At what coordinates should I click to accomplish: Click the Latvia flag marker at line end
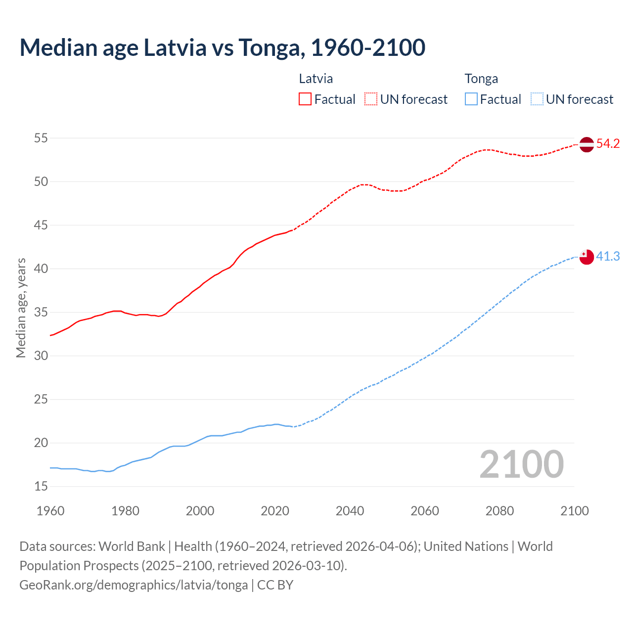tap(586, 144)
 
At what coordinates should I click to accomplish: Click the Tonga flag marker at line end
tap(586, 257)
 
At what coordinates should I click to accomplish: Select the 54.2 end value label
tap(608, 144)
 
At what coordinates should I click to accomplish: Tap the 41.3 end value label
tap(608, 256)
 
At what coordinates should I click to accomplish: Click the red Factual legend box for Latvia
tap(305, 99)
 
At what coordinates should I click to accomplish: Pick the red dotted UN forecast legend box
tap(371, 99)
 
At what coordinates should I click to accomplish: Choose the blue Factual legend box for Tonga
tap(471, 99)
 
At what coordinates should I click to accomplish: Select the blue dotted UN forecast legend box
tap(537, 99)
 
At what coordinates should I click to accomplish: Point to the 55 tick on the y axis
tap(41, 138)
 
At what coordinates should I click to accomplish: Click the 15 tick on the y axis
tap(41, 486)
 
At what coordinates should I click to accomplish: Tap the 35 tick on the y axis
tap(41, 312)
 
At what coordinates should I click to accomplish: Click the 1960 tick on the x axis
tap(50, 511)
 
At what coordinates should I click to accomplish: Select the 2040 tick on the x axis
tap(350, 511)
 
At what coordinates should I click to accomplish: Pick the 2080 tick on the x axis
tap(499, 511)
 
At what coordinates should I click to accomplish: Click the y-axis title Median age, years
tap(21, 308)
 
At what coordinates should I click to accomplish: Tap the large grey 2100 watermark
tap(521, 464)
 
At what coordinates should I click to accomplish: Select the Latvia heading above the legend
tap(316, 79)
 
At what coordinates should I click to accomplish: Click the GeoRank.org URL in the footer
tap(134, 585)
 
